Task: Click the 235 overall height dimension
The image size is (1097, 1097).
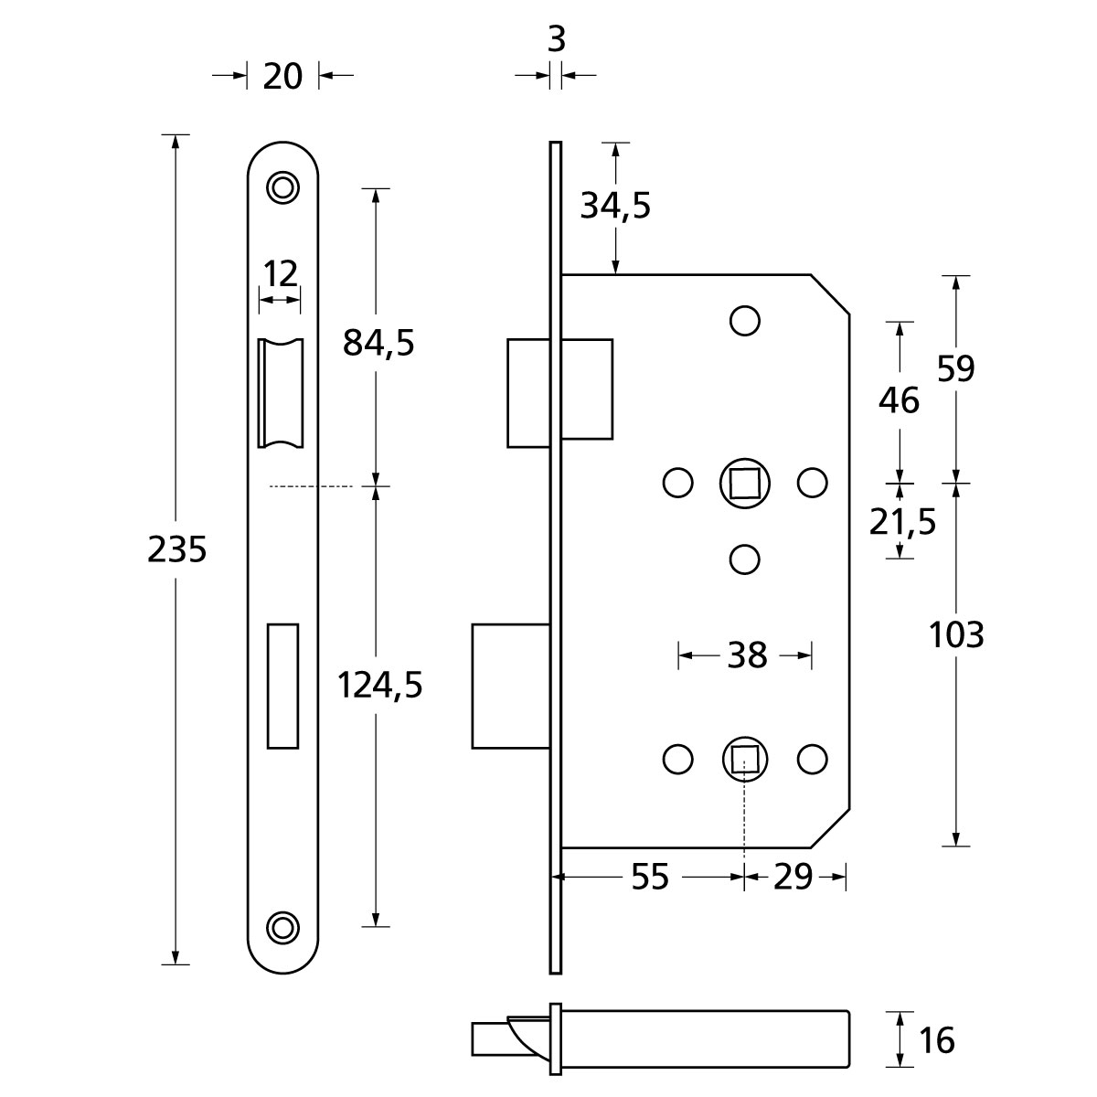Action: click(176, 549)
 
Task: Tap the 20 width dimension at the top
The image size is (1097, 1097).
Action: click(282, 76)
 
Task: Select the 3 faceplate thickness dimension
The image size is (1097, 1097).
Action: click(556, 40)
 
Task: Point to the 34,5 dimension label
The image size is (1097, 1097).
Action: click(615, 207)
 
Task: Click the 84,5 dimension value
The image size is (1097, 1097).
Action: click(378, 343)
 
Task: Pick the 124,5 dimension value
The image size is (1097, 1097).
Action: click(379, 684)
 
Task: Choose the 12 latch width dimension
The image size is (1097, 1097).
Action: click(281, 273)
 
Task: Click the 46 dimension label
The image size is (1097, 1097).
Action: click(899, 399)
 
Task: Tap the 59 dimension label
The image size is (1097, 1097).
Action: click(956, 368)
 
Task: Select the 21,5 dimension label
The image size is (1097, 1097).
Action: click(901, 523)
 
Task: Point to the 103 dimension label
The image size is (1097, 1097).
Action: click(956, 634)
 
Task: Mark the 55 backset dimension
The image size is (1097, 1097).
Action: click(650, 878)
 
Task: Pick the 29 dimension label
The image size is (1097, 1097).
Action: click(793, 878)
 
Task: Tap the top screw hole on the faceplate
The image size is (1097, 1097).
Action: click(282, 186)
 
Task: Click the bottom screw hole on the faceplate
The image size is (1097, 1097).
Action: click(282, 925)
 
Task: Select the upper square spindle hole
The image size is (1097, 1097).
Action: click(745, 482)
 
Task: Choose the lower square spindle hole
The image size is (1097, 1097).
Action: click(745, 759)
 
